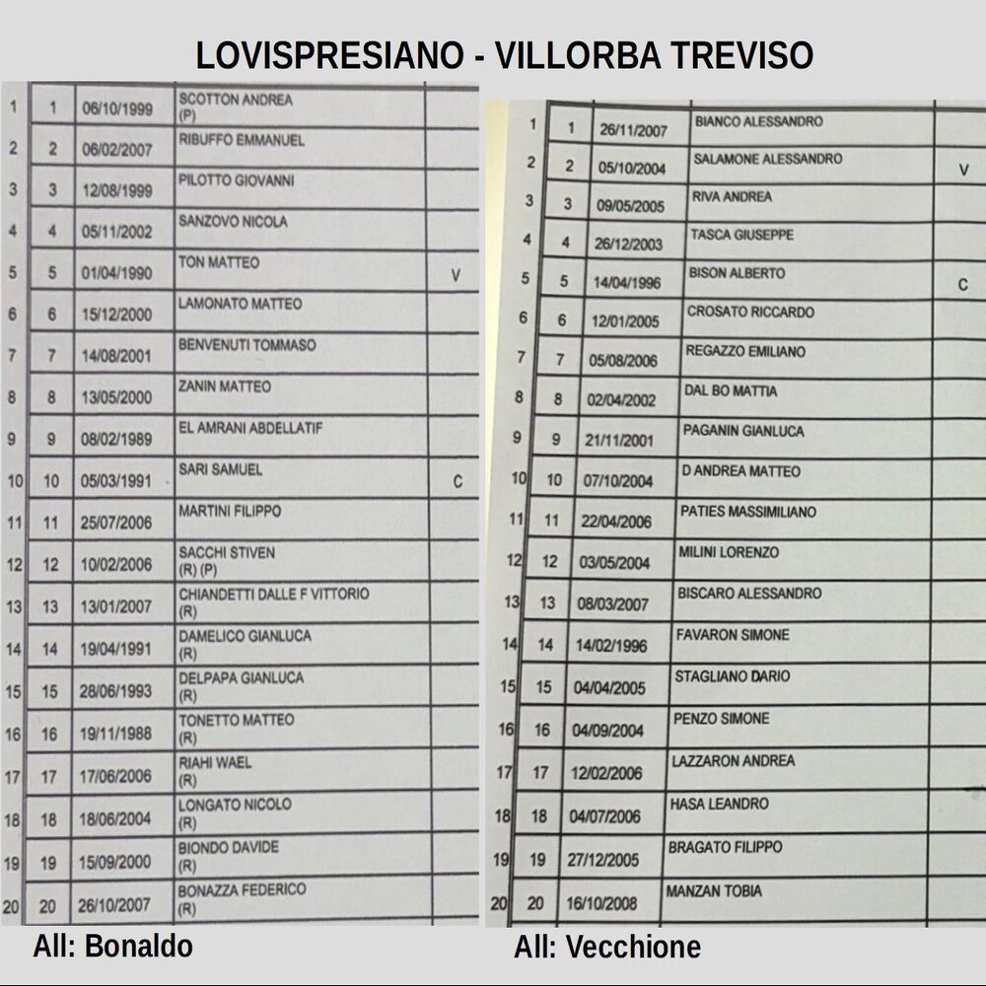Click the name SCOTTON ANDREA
(236, 100)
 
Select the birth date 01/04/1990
(117, 273)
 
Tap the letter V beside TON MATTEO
(456, 276)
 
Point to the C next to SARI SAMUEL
(458, 482)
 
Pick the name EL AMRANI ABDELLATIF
(250, 429)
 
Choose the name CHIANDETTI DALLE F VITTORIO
(274, 595)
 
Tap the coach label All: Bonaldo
(112, 948)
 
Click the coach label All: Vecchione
(607, 949)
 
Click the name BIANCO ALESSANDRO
(758, 122)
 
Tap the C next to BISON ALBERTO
(962, 285)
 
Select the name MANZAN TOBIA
(714, 891)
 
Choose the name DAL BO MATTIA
(731, 391)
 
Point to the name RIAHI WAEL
(215, 762)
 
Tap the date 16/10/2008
(602, 903)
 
